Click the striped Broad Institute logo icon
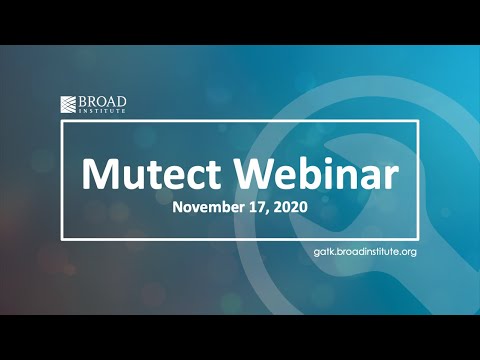coord(69,104)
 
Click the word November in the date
coord(205,209)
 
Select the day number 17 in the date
coord(254,209)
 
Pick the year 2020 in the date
coord(288,209)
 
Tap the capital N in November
coord(177,209)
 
